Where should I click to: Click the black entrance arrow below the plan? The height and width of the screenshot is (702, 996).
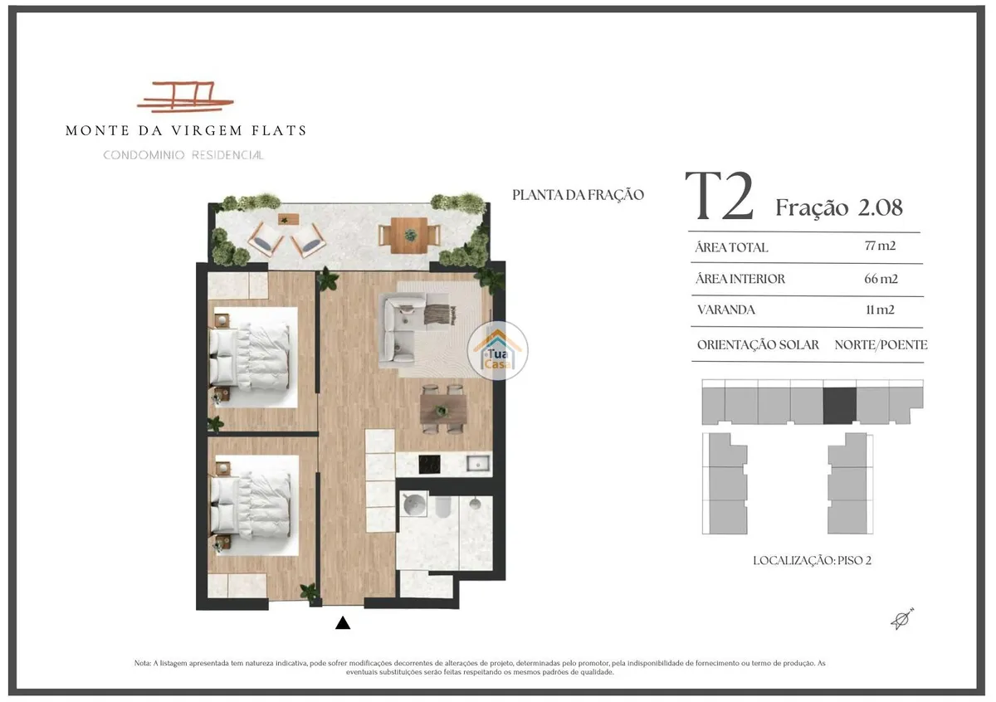(x=342, y=623)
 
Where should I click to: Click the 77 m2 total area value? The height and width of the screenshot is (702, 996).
(x=880, y=246)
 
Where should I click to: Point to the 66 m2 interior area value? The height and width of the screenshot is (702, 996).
(x=881, y=279)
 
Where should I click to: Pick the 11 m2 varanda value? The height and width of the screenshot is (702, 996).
(x=880, y=310)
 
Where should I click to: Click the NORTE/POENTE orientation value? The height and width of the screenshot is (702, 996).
(x=881, y=344)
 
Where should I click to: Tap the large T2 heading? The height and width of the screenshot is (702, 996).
(x=719, y=196)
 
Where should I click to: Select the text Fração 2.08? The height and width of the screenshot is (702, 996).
(x=839, y=207)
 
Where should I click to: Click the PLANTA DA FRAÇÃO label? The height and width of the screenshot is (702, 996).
(x=578, y=195)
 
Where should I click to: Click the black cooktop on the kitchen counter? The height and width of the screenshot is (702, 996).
(x=429, y=465)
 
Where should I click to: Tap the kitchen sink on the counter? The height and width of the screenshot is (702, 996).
(x=478, y=464)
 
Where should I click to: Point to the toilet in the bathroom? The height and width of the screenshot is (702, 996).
(x=443, y=507)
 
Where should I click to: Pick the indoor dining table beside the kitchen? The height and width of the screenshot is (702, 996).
(x=443, y=409)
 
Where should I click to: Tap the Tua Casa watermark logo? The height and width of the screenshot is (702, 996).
(x=497, y=351)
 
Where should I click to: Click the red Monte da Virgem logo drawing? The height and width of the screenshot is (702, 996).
(x=185, y=96)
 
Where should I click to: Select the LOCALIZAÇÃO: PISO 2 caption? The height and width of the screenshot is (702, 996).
(x=812, y=561)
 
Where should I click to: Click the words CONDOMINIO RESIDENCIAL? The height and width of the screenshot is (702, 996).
(x=183, y=155)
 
